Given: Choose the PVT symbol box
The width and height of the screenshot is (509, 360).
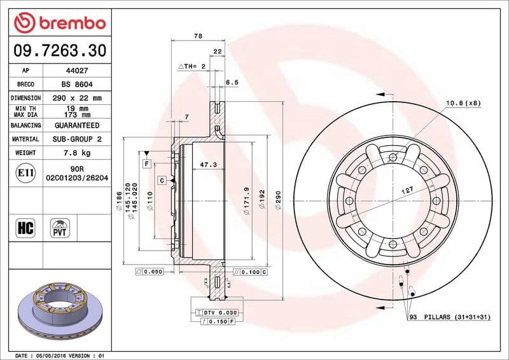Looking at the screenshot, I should click(x=60, y=227).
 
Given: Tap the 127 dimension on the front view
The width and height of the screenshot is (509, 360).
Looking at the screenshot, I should click(x=407, y=190).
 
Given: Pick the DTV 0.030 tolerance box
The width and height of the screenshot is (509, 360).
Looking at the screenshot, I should click(x=217, y=312).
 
